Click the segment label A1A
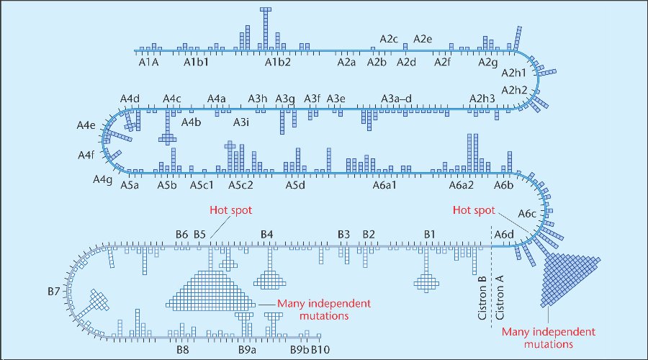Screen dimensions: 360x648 (148, 63)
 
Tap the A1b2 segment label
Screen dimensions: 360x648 (277, 63)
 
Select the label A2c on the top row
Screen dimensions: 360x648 (389, 39)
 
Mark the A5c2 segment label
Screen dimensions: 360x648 (240, 185)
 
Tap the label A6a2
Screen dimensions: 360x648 (461, 185)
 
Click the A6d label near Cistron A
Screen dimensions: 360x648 (503, 235)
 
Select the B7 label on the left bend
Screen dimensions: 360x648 (53, 292)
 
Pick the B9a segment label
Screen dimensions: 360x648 (248, 350)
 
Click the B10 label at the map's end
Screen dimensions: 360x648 (320, 350)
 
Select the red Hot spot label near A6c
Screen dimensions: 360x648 (474, 211)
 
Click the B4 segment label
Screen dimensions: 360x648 (267, 235)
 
